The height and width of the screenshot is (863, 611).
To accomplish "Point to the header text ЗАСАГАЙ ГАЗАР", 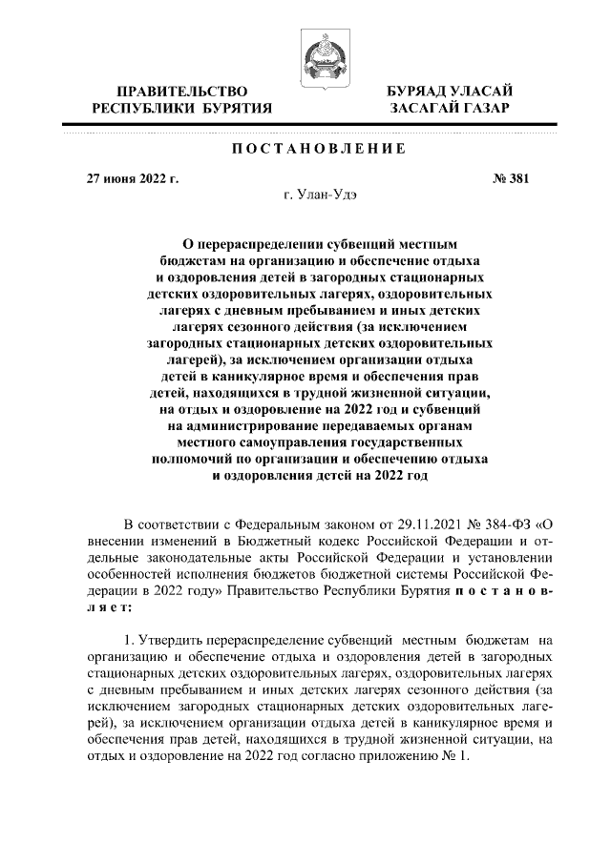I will coord(448,109).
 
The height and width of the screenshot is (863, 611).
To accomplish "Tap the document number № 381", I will coord(510,177).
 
